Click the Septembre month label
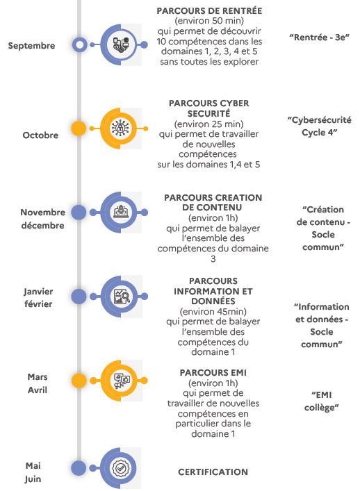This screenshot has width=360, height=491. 31,46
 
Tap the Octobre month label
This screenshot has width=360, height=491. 40,135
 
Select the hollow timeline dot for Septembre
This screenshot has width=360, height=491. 80,44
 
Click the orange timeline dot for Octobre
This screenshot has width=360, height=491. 79,128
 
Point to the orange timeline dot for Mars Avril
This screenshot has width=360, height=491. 79,381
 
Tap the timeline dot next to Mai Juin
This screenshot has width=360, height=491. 79,468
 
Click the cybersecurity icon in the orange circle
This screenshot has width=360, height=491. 121,128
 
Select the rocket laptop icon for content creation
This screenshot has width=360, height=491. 121,212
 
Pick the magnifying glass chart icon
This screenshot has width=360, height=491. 122,297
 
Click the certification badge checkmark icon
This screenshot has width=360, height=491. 120,468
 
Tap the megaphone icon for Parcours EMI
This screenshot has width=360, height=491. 122,381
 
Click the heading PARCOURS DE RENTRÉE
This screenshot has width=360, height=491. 209,11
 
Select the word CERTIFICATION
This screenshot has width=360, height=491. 213,472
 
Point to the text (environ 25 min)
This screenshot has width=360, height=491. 209,124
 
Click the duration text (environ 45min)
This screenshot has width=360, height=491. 213,312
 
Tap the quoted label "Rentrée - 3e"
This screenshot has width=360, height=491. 320,38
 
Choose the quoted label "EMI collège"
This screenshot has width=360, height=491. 322,401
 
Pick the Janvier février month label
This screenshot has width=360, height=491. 38,298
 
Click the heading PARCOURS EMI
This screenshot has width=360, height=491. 213,373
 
